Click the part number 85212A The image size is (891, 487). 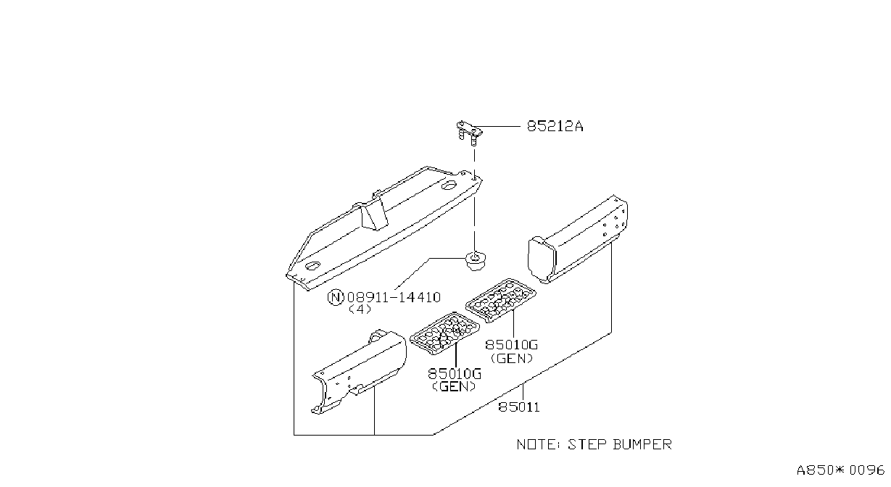pyautogui.click(x=555, y=126)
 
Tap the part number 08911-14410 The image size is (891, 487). pyautogui.click(x=394, y=297)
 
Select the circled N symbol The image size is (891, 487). pyautogui.click(x=336, y=297)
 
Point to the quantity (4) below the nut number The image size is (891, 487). pyautogui.click(x=360, y=309)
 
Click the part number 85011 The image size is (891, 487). pyautogui.click(x=518, y=407)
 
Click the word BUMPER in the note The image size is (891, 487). pyautogui.click(x=642, y=444)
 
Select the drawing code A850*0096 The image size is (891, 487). pyautogui.click(x=840, y=470)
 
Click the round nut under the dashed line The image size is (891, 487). pyautogui.click(x=474, y=260)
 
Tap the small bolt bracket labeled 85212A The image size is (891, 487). pyautogui.click(x=469, y=133)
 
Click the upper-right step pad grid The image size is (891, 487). pyautogui.click(x=501, y=300)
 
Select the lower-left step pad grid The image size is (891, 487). pyautogui.click(x=444, y=333)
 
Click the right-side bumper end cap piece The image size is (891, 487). pyautogui.click(x=578, y=239)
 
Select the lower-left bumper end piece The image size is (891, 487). pyautogui.click(x=359, y=372)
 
